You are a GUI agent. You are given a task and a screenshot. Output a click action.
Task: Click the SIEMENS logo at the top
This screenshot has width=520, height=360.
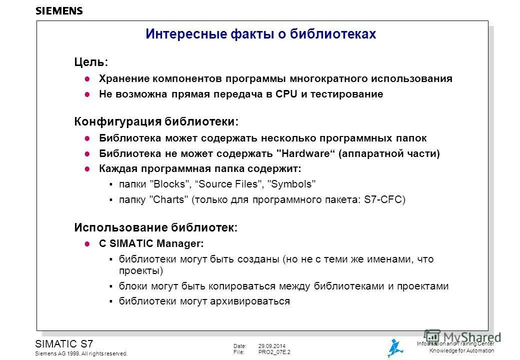tap(59, 10)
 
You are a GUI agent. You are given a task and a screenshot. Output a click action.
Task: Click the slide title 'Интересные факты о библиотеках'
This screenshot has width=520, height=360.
tap(260, 34)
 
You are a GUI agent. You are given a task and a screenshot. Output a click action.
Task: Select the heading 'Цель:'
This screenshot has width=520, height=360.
tap(90, 62)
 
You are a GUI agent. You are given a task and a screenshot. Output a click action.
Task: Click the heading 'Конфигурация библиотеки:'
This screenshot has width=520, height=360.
tap(156, 121)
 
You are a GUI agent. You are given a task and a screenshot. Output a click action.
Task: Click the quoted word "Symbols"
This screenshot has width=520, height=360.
tap(293, 184)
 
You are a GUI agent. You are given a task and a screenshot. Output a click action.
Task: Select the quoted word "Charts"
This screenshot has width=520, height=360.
tap(169, 200)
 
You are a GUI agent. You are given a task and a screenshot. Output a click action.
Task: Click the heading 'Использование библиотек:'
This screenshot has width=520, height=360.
tap(155, 227)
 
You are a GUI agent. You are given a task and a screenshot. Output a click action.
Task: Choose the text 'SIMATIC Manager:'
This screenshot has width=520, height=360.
tap(156, 244)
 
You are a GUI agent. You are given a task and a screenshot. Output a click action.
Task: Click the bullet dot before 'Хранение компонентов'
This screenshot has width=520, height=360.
tap(86, 79)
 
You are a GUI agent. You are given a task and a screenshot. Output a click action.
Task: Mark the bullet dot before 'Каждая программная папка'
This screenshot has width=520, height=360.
tap(86, 169)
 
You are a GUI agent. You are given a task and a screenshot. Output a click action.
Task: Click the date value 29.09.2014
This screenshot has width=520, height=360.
tap(271, 346)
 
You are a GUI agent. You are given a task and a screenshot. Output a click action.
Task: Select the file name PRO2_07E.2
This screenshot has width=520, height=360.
tap(274, 352)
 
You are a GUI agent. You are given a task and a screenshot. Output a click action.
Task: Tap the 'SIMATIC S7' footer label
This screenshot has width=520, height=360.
tap(64, 343)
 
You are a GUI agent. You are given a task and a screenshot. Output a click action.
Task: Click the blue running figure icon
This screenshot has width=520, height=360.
tap(395, 348)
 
